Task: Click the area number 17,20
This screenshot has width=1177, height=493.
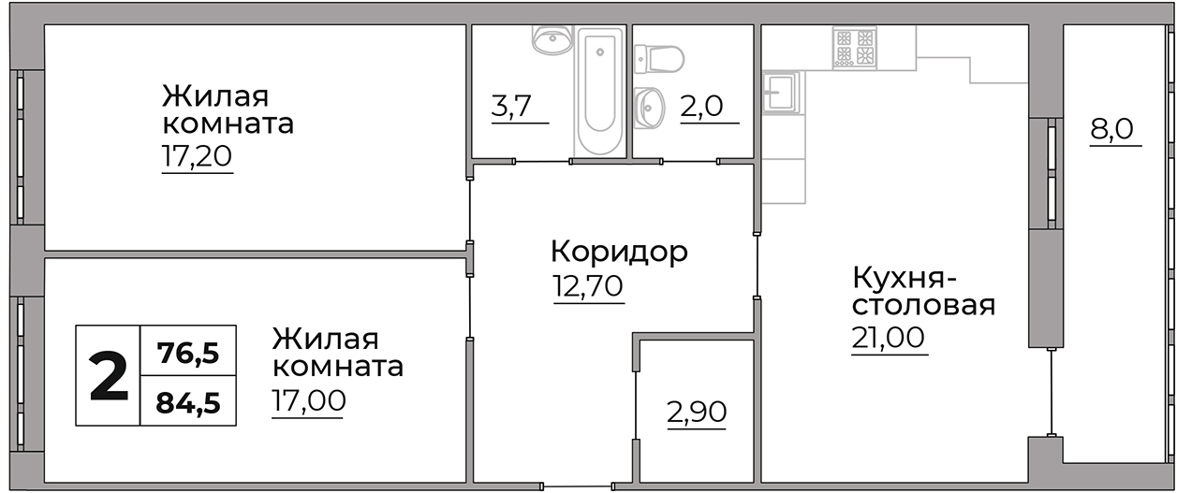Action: tap(197, 156)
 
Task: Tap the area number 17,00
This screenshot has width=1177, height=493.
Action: tap(308, 400)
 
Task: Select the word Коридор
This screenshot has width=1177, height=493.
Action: tap(619, 251)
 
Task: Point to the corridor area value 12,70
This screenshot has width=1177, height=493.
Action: tap(588, 286)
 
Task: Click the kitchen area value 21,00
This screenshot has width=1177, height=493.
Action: tap(888, 337)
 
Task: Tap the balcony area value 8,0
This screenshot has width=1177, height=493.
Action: tap(1111, 129)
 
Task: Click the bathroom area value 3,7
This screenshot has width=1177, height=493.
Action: tap(511, 106)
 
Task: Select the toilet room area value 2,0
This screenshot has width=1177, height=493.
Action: tap(702, 106)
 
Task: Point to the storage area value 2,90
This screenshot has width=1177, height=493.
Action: tap(697, 412)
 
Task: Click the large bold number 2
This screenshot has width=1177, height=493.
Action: tap(109, 376)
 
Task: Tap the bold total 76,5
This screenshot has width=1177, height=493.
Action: tap(188, 353)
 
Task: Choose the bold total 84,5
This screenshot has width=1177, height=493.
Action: tap(188, 403)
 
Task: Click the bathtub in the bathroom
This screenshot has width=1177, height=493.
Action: tap(599, 92)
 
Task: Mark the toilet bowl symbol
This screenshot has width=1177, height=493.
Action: tap(659, 59)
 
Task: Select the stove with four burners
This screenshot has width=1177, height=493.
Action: tap(854, 49)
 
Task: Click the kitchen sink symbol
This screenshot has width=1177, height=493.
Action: tap(781, 93)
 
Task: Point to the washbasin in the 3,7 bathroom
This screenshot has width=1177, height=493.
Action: tap(552, 39)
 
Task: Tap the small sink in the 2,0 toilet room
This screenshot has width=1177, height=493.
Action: tap(650, 108)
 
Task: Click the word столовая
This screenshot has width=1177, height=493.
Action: tap(923, 306)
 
